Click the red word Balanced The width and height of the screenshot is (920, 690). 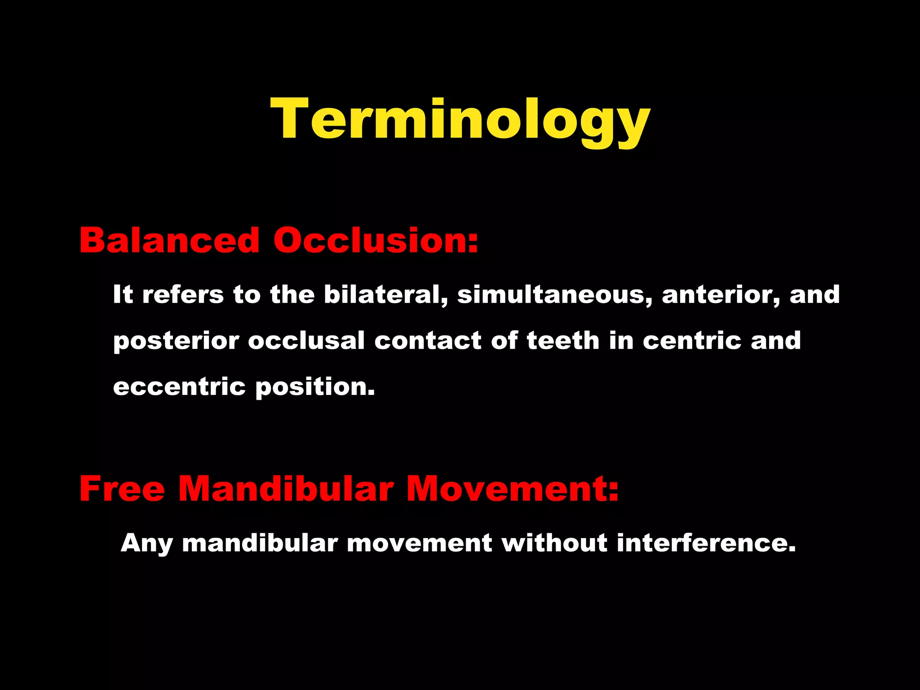click(x=169, y=240)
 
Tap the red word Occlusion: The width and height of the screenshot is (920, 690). click(x=376, y=240)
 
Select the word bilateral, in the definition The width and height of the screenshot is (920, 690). click(x=386, y=295)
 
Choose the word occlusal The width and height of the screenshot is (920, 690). click(x=306, y=341)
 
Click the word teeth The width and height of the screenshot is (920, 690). click(x=563, y=341)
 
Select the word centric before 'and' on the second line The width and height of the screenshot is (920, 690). click(x=692, y=341)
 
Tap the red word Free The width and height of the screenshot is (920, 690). click(x=122, y=489)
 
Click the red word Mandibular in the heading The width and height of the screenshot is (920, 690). click(x=286, y=489)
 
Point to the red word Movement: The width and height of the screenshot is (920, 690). click(x=513, y=489)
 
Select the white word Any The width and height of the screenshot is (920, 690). click(x=147, y=544)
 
